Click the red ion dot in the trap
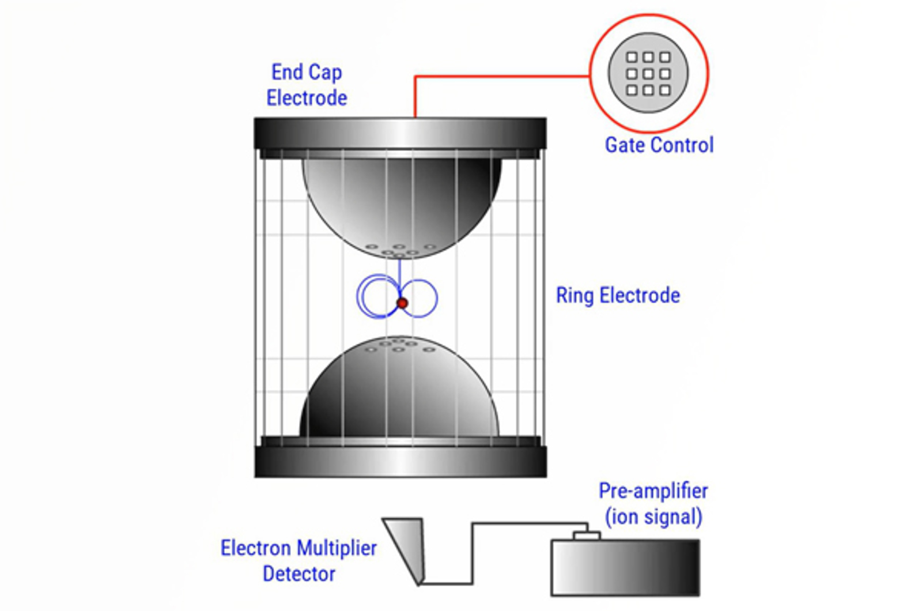(402, 303)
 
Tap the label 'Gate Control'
(659, 145)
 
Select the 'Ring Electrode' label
(617, 296)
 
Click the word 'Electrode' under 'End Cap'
(307, 98)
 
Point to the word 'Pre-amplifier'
(653, 491)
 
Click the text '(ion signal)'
(653, 516)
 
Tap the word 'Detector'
(298, 574)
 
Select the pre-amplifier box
(625, 568)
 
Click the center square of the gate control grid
(648, 74)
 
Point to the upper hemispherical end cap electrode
(402, 202)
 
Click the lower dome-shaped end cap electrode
(399, 392)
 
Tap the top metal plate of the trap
(400, 133)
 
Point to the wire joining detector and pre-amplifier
(473, 553)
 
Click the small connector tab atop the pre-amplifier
(587, 535)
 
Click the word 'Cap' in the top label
(326, 73)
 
